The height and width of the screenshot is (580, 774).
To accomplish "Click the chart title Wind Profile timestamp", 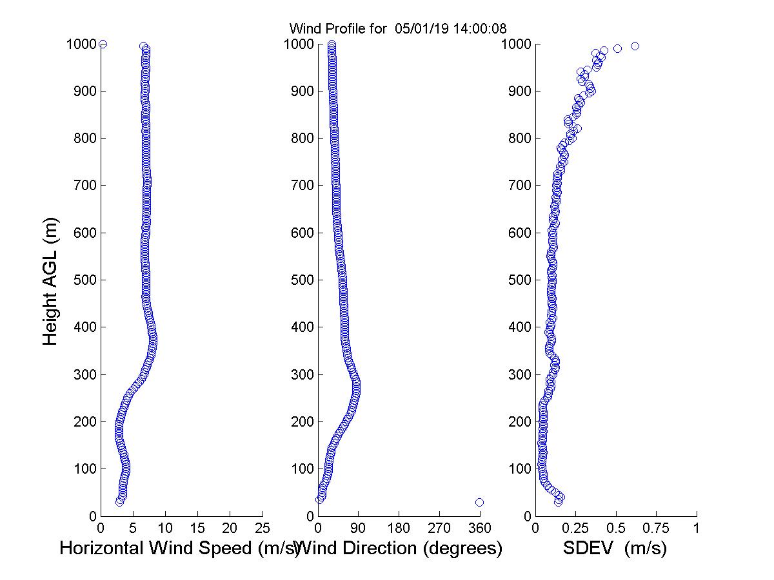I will (397, 28).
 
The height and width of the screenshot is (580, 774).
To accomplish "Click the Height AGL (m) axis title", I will (50, 280).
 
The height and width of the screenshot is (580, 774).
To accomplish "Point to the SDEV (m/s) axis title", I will (615, 548).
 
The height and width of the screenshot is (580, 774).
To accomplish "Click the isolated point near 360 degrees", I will (479, 502).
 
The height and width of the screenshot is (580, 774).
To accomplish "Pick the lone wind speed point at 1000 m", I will (103, 44).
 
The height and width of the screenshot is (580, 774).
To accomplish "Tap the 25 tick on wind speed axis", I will (263, 528).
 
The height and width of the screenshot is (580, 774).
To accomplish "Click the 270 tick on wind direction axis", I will (440, 528).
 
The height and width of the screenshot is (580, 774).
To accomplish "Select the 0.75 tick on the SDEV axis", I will (657, 528).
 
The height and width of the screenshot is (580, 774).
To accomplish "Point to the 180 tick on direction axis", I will (399, 528).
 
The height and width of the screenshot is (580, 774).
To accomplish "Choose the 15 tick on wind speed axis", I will (198, 528).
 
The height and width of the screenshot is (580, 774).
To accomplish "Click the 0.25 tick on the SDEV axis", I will (575, 528).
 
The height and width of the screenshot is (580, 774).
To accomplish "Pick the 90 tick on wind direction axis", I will (359, 528).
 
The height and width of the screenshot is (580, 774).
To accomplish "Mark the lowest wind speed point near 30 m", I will (119, 501).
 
